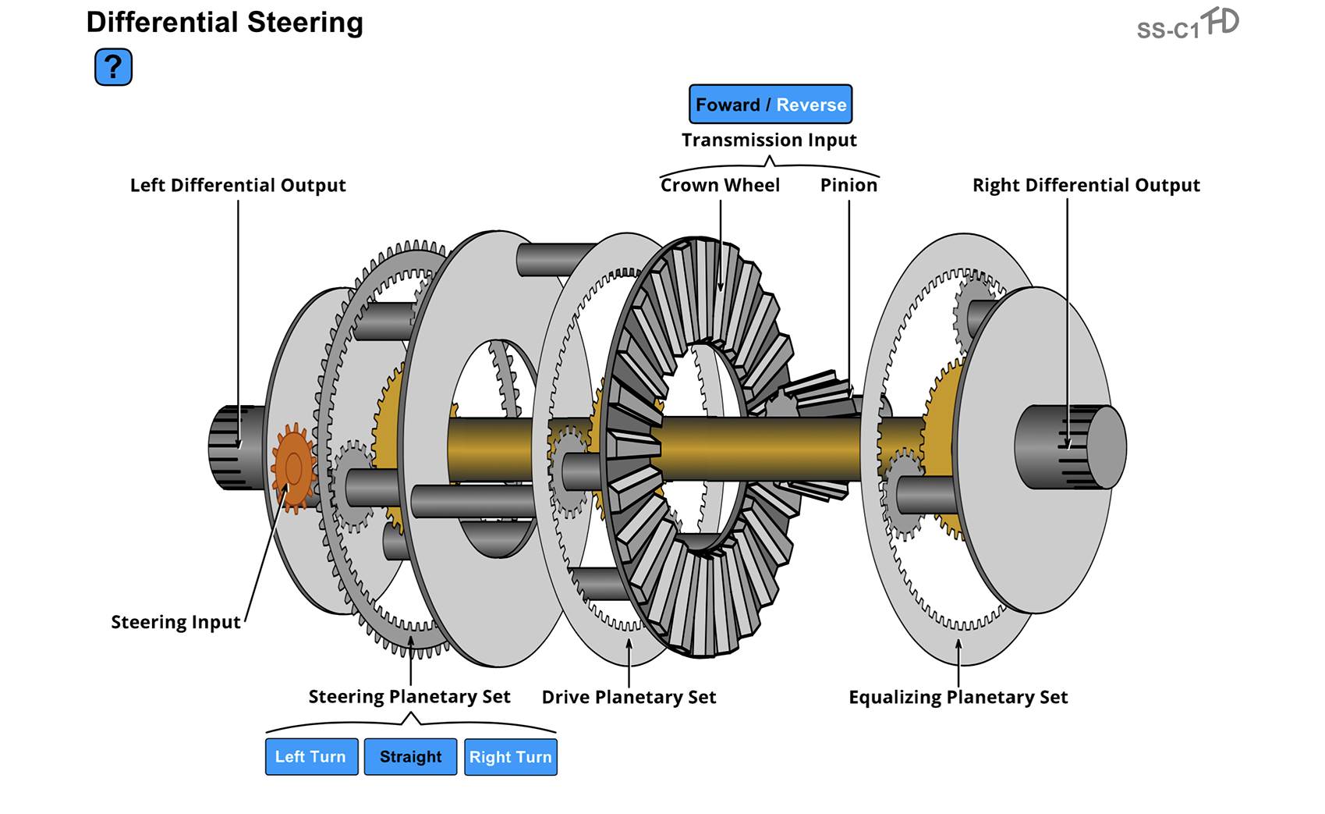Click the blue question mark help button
[113, 67]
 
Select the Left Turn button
[311, 756]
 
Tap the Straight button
[410, 756]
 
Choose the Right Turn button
[511, 756]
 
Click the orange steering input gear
[293, 468]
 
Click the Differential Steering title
[225, 23]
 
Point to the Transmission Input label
[769, 140]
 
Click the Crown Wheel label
[720, 185]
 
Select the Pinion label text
[848, 185]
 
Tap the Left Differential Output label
[238, 185]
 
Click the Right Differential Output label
[1086, 185]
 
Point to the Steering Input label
[175, 622]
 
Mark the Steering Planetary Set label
[409, 696]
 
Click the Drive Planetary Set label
[629, 697]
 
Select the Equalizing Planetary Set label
[958, 697]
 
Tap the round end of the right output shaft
[1106, 448]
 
